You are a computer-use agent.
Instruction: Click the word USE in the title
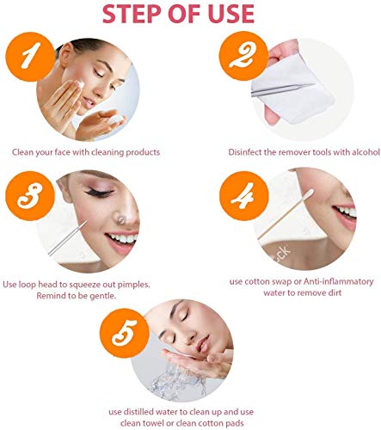click(227, 15)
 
